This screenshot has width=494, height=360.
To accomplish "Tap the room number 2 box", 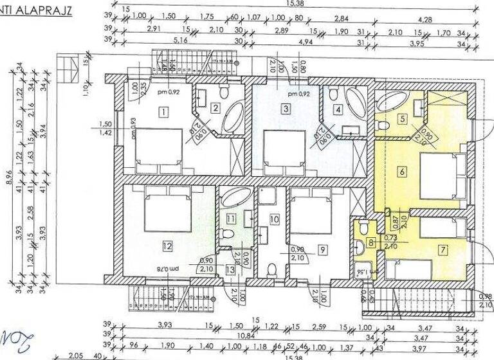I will point(216,108).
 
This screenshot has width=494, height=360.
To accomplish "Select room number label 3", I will point(286,109).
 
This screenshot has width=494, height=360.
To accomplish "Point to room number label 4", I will point(338,109).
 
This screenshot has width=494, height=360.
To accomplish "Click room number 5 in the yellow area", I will point(402,118).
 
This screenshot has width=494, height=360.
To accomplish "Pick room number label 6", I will point(401,172).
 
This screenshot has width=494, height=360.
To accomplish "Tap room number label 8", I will point(371,242).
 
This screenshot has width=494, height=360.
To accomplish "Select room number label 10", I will point(275,219).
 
